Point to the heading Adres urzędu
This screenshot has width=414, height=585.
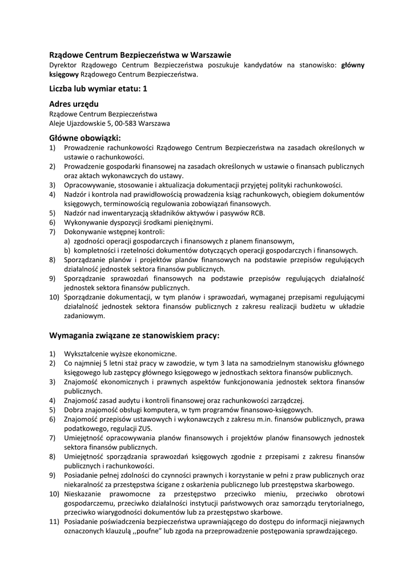coord(74,104)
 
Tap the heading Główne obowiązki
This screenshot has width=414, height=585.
coord(85,138)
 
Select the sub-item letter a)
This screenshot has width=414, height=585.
coord(68,241)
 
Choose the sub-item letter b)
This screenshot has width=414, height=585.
coord(68,250)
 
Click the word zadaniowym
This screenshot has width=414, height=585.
coord(85,315)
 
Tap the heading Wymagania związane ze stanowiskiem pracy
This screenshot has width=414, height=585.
coord(134,335)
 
